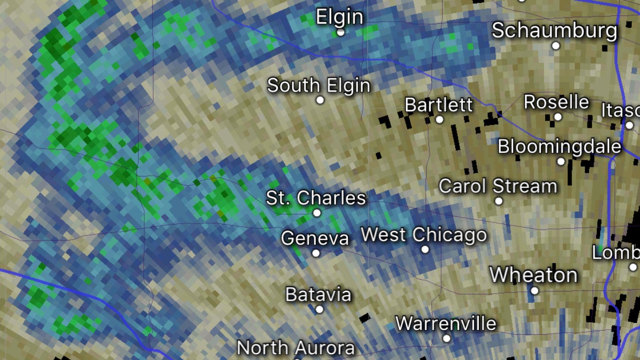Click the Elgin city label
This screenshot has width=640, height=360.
[x=339, y=16]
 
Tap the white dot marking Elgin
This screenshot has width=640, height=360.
[x=340, y=32]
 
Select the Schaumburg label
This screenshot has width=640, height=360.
[x=554, y=30]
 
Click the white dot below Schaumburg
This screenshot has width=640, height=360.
[x=555, y=46]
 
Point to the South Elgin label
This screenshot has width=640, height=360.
[x=318, y=85]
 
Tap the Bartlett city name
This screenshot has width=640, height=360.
[x=439, y=105]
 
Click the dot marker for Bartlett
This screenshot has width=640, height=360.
[x=440, y=119]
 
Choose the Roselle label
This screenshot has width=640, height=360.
[x=557, y=101]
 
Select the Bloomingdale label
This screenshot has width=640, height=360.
[x=559, y=146]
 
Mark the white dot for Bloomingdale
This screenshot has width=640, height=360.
[x=561, y=162]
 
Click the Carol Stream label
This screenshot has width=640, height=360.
[x=498, y=186]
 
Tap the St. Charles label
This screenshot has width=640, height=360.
[x=316, y=198]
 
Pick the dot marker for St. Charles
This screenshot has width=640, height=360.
[x=317, y=213]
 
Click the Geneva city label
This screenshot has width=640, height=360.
[x=315, y=238]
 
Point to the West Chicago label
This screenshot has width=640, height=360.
[x=424, y=235]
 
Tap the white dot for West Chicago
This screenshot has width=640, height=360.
[x=425, y=250]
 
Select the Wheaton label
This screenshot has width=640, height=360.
[x=533, y=275]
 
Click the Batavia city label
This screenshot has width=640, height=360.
[x=318, y=295]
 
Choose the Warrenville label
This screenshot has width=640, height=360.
[x=446, y=323]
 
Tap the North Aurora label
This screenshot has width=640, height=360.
[x=296, y=348]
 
